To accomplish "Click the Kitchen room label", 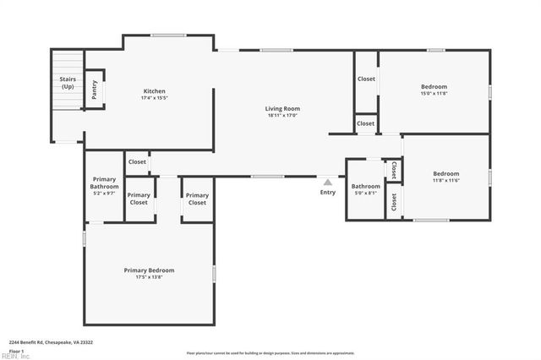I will pos(154,91).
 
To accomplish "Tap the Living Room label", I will pos(282,109).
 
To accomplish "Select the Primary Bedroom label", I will pos(155,270).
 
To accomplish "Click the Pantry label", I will pos(94,90).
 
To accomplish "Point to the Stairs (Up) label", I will pos(68,83).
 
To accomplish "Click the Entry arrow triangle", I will pos(328,181).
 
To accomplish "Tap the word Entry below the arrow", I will pos(327,192).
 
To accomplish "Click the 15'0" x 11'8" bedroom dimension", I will pos(434,94).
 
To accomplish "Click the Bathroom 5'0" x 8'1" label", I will pos(366,189).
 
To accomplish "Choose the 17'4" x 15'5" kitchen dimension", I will pos(154,99).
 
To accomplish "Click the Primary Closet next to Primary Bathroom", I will pos(139,199).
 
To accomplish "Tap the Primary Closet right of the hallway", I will pos(197,199).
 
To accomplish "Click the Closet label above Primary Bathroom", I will pos(137,161).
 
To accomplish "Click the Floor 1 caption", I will pos(16,350).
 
